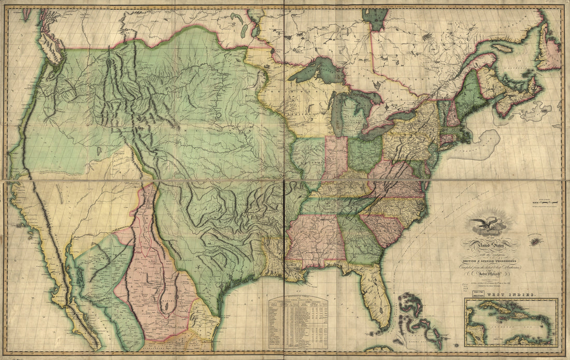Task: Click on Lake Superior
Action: (x=316, y=70)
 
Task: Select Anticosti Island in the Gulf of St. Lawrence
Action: (x=505, y=48)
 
